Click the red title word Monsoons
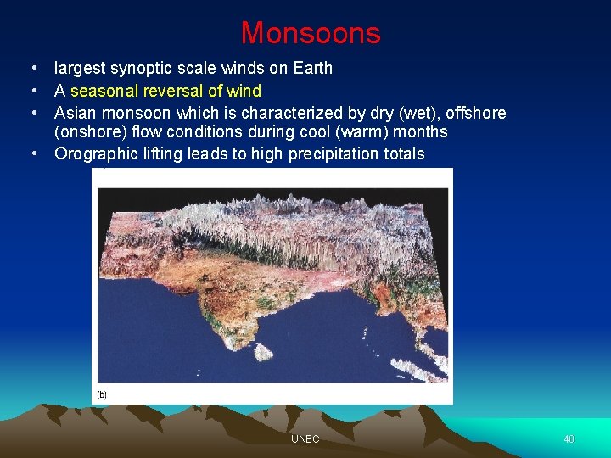click(x=311, y=33)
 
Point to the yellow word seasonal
click(x=105, y=91)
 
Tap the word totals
click(x=403, y=154)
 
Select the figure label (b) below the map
click(x=102, y=394)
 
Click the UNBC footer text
click(x=305, y=439)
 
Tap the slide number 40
click(x=569, y=439)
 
